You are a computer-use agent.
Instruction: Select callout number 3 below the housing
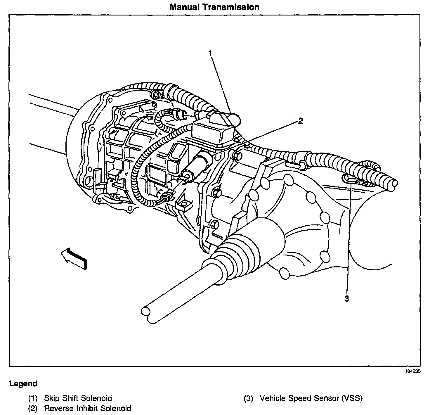coord(347,298)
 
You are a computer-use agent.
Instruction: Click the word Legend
coord(23,383)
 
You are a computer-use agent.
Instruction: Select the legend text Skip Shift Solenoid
coord(78,398)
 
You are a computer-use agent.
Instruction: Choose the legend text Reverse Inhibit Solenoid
coord(88,408)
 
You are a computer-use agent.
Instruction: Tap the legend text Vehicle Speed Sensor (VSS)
coord(311,398)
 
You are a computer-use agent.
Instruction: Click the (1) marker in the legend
coord(33,398)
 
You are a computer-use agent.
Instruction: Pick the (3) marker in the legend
coord(248,398)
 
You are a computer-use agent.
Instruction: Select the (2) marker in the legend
coord(33,408)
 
